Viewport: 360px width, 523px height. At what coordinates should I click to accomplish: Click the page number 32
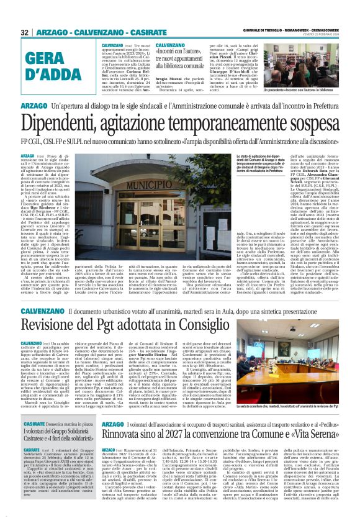coord(25,32)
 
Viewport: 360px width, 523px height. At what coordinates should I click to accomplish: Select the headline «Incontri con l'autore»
coord(180,53)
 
